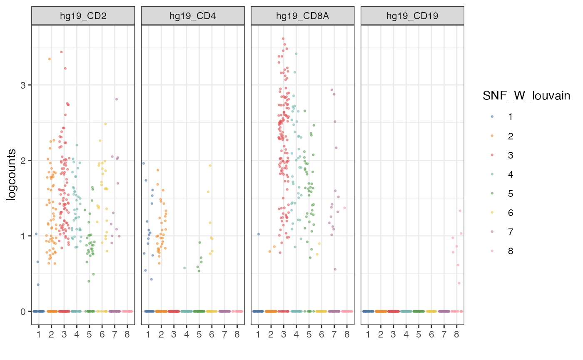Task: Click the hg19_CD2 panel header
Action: pyautogui.click(x=83, y=16)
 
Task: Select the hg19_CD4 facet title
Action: pyautogui.click(x=193, y=16)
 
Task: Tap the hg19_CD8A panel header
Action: pyautogui.click(x=302, y=16)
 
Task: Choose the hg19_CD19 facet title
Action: pyautogui.click(x=412, y=16)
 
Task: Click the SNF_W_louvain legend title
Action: pyautogui.click(x=526, y=96)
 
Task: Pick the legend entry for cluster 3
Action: pyautogui.click(x=511, y=155)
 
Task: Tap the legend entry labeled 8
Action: pyautogui.click(x=511, y=251)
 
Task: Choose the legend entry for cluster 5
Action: pyautogui.click(x=511, y=194)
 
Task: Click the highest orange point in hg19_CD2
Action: pyautogui.click(x=49, y=59)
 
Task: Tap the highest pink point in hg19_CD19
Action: pyautogui.click(x=460, y=211)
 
